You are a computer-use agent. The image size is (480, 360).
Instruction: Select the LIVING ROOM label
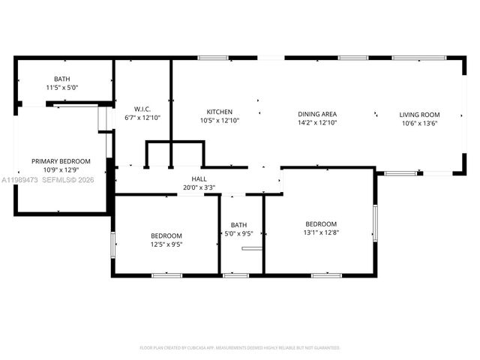point(418,115)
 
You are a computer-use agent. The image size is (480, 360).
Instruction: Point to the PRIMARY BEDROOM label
point(61,161)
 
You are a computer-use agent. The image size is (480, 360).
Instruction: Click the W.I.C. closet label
point(142,109)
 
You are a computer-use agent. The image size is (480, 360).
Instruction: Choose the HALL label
point(199,179)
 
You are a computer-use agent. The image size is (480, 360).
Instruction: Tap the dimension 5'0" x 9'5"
point(238,233)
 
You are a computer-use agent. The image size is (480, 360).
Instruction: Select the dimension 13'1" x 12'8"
point(321,232)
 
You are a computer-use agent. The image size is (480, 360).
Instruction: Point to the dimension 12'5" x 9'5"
point(166,244)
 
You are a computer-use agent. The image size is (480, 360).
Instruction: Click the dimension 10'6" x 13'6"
point(418,124)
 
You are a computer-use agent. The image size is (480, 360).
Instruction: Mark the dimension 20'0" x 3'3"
point(199,187)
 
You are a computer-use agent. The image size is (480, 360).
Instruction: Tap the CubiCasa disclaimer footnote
point(240,348)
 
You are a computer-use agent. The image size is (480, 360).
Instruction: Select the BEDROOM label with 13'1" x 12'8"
point(321,223)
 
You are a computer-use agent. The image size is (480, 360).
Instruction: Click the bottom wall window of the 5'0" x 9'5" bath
point(236,275)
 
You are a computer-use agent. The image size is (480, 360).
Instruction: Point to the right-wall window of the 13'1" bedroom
point(374,223)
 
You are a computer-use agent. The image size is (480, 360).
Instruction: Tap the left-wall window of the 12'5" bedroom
point(113,244)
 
